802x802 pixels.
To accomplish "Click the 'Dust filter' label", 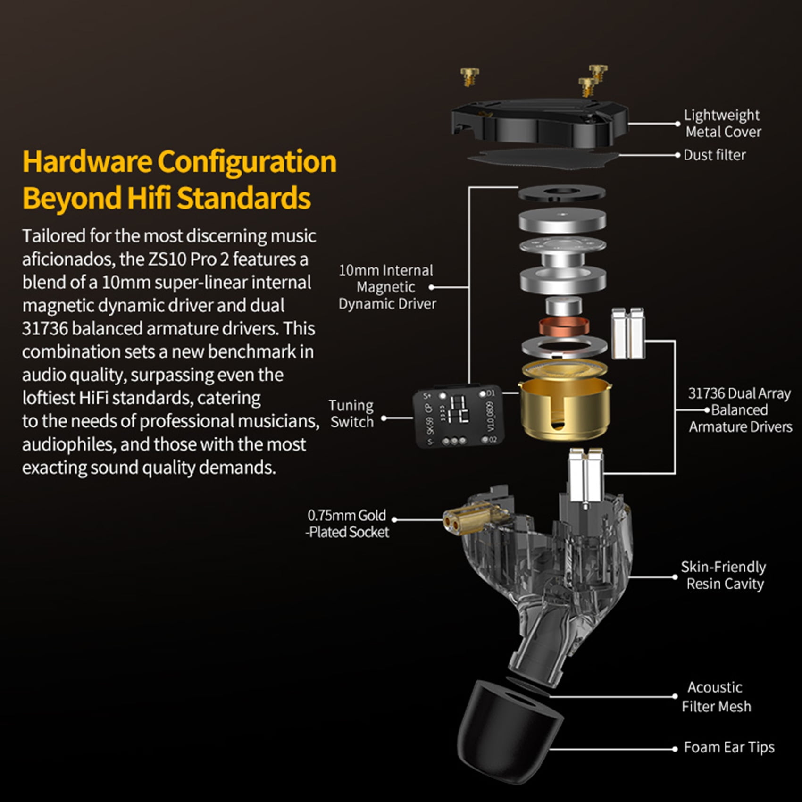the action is coord(715,155).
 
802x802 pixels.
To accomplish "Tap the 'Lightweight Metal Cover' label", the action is coord(723,123).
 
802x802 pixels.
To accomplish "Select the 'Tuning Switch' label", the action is coord(351,413).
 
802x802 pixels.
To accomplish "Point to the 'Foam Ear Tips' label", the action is coord(729,747).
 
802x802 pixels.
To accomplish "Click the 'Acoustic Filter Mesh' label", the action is coord(716,697).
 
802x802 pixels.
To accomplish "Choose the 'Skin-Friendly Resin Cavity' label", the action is coord(724,575).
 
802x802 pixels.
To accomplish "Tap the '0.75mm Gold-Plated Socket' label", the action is coord(347,523).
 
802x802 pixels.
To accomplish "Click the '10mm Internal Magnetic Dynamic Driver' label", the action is coord(387,287).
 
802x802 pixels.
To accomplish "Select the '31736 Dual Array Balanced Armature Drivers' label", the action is coord(740,410).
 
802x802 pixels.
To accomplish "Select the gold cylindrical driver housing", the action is coord(565,401).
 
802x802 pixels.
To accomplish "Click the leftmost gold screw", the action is coord(469,76).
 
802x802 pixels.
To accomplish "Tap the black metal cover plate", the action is coord(539,122).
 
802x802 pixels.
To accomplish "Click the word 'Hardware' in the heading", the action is coord(87,161).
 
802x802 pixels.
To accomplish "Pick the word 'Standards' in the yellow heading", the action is coord(243,198).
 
